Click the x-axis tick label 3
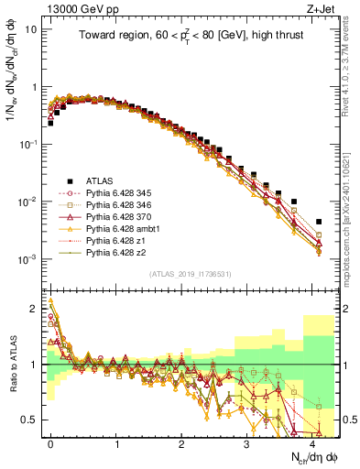click(246, 442)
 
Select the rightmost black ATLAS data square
click(318, 222)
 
